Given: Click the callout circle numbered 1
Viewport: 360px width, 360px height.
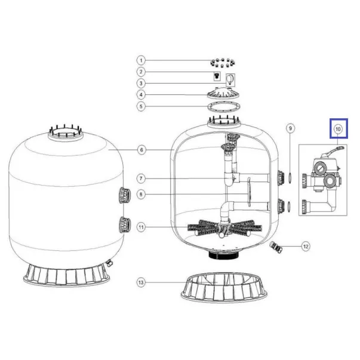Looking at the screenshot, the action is point(141,61).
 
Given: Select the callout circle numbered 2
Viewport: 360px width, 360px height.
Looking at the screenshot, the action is point(141,72).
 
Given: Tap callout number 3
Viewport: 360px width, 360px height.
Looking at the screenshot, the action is point(141,84).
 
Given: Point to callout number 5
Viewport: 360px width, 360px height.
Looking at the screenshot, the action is point(141,106).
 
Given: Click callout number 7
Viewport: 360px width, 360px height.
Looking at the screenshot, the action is point(141,179).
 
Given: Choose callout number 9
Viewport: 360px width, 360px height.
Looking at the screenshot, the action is point(290,128).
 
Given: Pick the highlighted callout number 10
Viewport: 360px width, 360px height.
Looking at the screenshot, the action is point(338,129).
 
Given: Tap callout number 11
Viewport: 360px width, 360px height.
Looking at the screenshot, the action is point(141,227).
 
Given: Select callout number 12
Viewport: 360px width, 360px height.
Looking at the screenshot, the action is point(306,247).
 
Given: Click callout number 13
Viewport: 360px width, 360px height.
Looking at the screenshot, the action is point(141,282).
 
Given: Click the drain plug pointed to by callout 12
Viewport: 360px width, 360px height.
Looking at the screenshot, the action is point(275,247).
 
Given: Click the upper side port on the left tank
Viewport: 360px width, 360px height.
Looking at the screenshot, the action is point(125,195).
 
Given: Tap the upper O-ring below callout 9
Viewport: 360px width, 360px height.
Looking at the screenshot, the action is point(290,179).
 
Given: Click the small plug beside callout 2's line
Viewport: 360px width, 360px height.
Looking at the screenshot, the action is point(217,75).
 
